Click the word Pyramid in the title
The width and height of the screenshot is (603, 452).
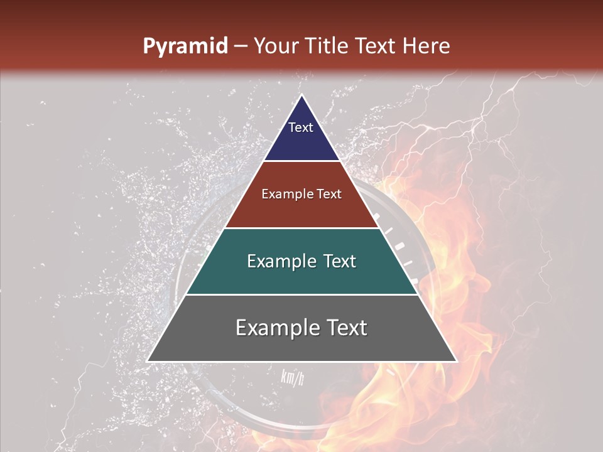point(185,46)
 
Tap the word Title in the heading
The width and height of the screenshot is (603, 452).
point(330,46)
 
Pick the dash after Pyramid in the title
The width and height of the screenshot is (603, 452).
point(241,47)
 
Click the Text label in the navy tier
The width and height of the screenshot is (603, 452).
point(301,127)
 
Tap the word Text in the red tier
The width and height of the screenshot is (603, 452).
point(329,194)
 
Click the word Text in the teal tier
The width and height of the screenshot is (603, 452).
point(340,261)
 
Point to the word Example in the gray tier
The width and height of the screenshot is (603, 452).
point(277,328)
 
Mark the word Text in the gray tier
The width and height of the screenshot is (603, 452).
point(346,328)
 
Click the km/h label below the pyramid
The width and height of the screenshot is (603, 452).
point(293,377)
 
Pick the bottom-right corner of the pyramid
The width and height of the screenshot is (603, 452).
point(456,361)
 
